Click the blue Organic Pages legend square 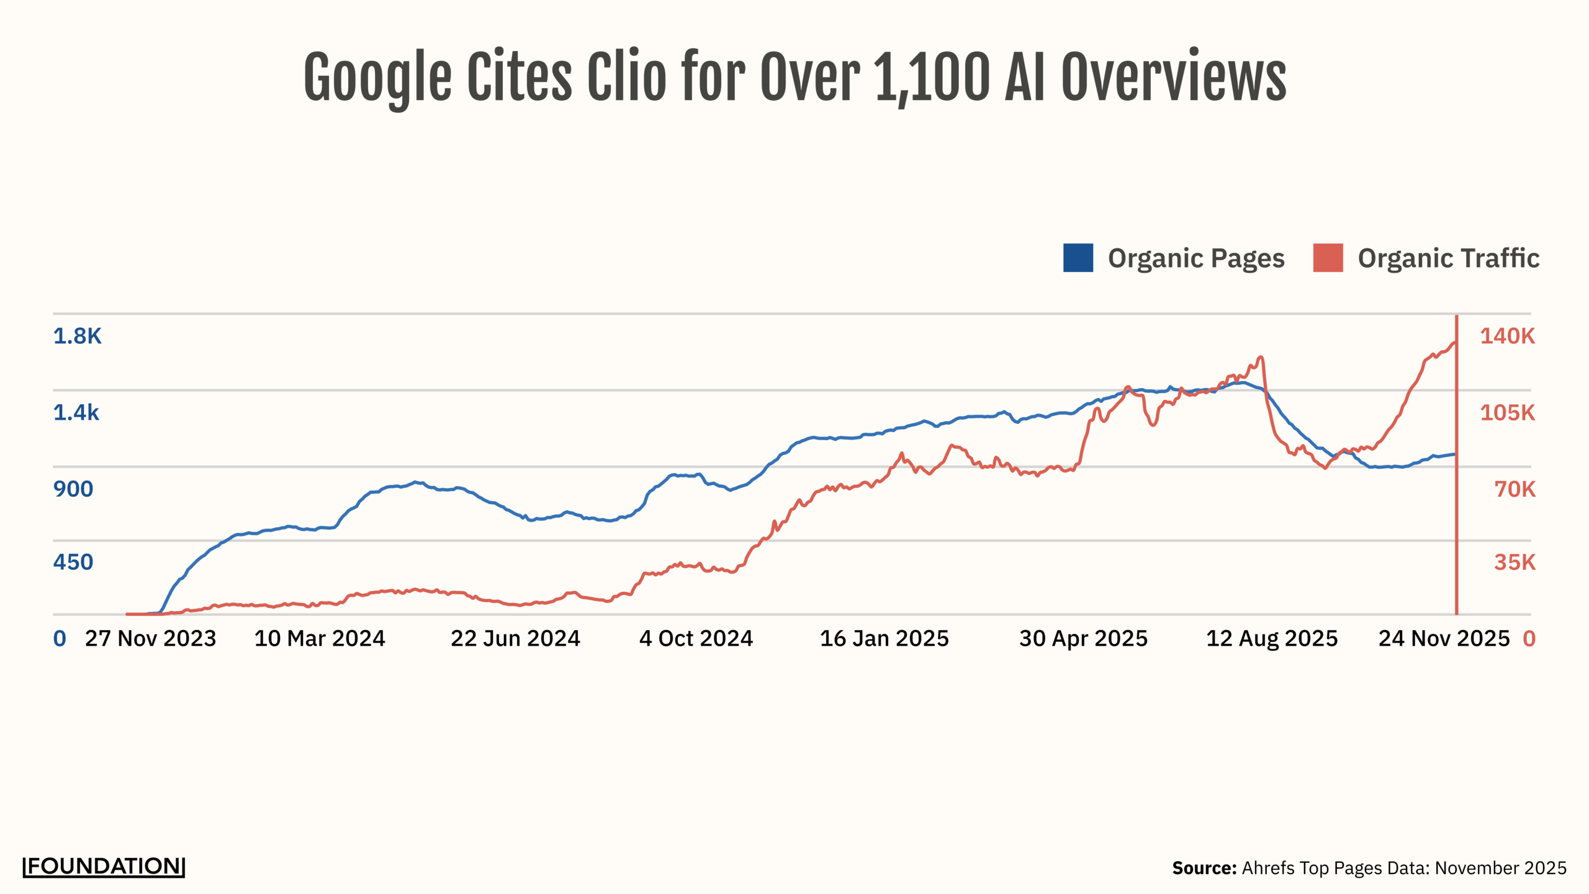(1078, 258)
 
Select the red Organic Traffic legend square (1328, 258)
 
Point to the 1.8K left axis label (77, 336)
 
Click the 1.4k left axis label (76, 412)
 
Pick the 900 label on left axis (73, 489)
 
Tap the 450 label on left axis (73, 562)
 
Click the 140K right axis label (1507, 336)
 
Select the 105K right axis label (1507, 412)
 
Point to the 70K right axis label (1515, 489)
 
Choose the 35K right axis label (1515, 562)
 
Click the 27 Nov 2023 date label (150, 638)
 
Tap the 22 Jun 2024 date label (515, 638)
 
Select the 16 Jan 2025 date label (884, 638)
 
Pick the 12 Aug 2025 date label (1271, 638)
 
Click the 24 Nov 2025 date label (1444, 638)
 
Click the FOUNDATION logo (104, 866)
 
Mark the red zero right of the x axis (1529, 638)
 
